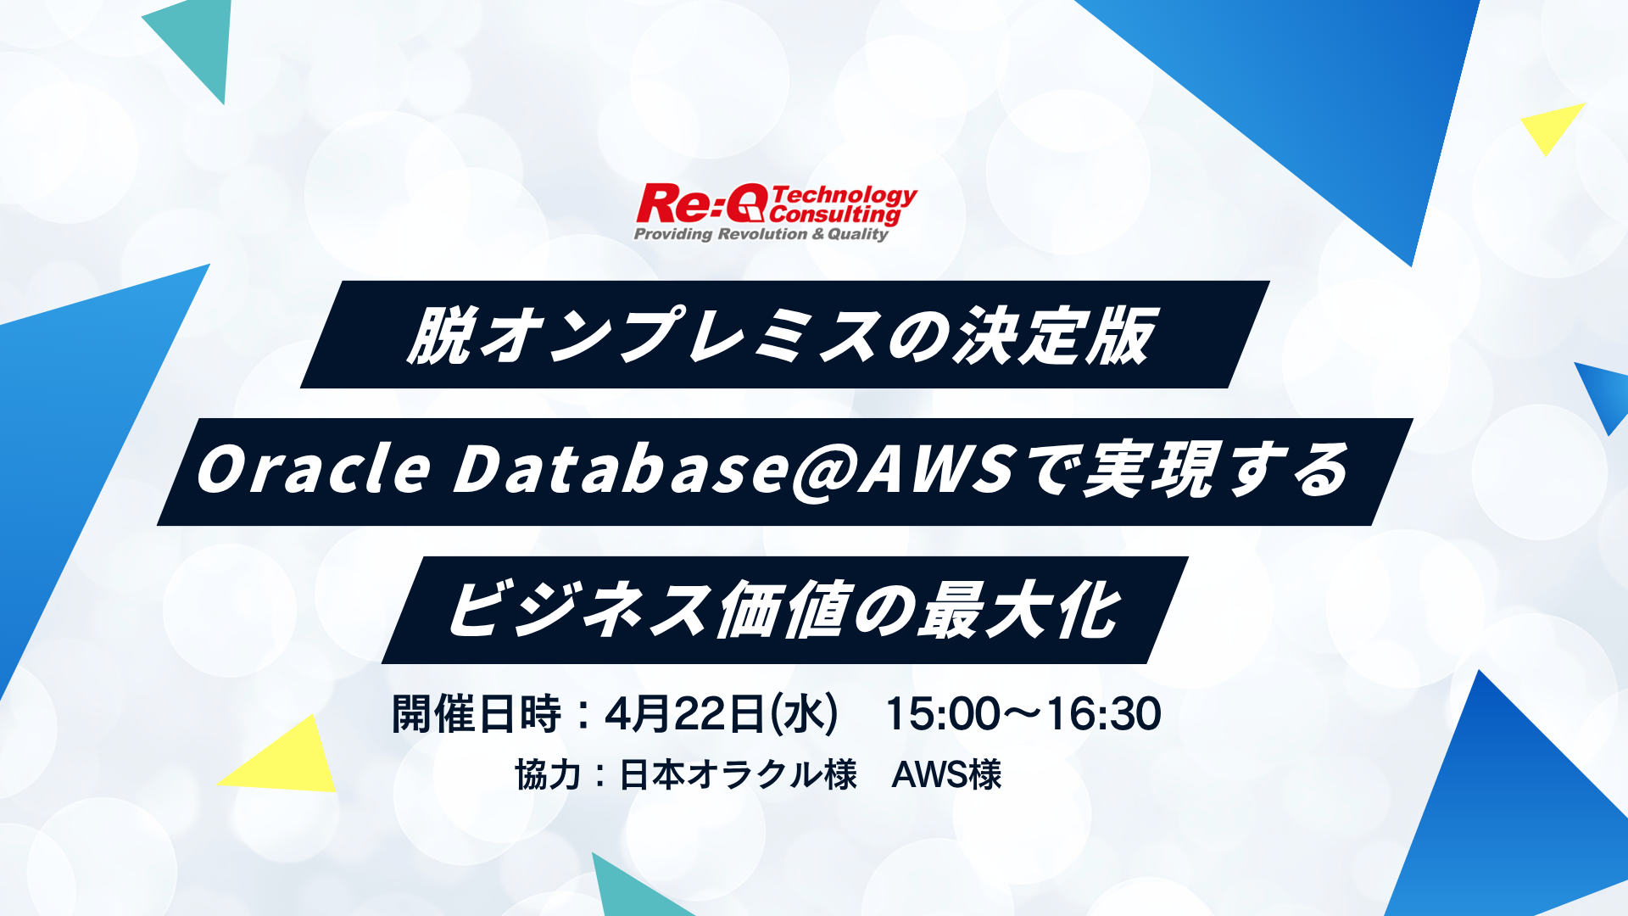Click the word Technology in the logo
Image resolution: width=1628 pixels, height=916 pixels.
point(844,196)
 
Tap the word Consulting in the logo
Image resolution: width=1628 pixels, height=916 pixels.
point(835,215)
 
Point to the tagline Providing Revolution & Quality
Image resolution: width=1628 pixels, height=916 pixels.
point(761,234)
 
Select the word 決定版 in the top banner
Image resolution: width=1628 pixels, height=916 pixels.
point(1056,336)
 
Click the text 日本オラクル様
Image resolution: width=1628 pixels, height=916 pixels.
point(738,774)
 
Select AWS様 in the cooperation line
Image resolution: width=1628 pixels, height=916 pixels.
point(946,774)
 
